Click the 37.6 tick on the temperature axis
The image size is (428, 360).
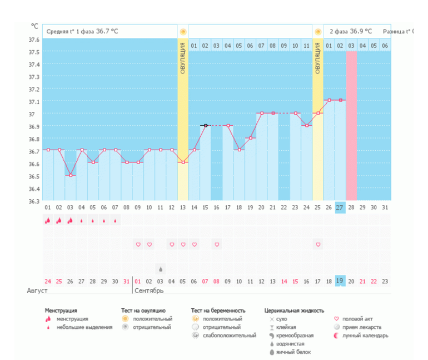pos(34,40)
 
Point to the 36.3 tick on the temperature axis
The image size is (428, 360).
pos(34,201)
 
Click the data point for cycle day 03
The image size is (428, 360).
pos(71,175)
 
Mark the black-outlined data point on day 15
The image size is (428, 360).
pos(205,126)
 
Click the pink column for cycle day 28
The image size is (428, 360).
pos(351,125)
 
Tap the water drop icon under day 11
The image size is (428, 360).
pos(161,269)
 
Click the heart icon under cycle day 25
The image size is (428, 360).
pos(318,244)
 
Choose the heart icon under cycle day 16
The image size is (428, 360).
pos(217,244)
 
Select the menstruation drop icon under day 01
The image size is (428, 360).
pos(48,221)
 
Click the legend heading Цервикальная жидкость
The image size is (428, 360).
pos(294,310)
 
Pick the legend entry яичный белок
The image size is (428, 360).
pos(292,352)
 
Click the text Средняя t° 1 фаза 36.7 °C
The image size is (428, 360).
pos(82,32)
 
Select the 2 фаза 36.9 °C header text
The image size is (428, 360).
pos(351,32)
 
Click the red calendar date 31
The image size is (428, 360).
pos(127,282)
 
